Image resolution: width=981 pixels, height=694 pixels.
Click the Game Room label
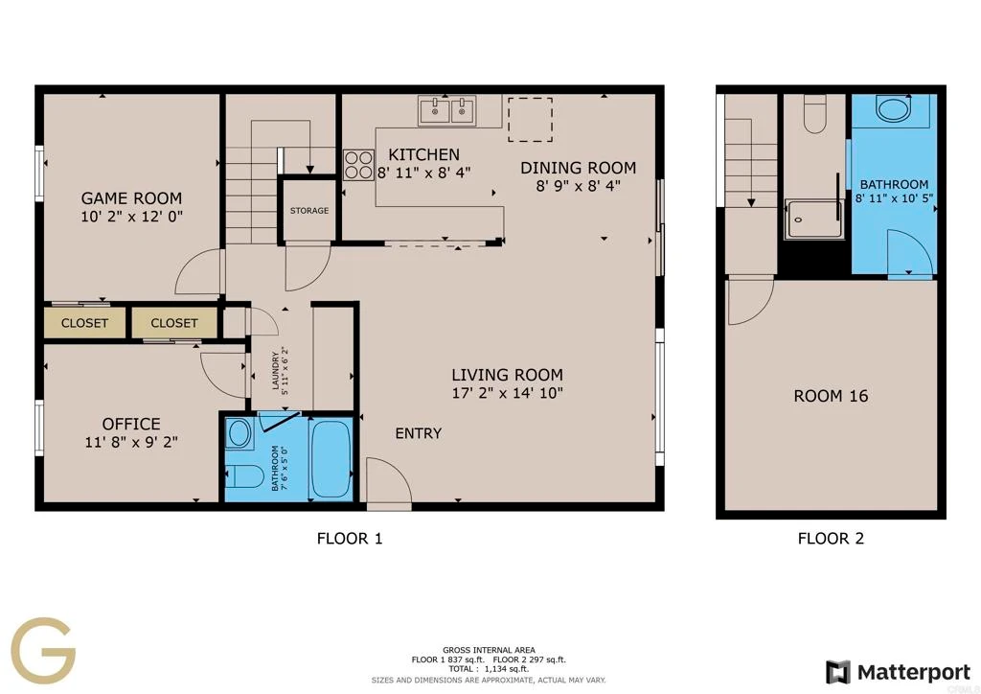131,198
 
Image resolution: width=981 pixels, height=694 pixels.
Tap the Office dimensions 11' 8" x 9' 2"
131,442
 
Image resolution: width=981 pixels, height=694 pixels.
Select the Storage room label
309,210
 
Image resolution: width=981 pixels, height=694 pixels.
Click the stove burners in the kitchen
358,165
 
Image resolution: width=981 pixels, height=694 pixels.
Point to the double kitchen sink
447,111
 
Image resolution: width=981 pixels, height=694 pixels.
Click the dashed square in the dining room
530,119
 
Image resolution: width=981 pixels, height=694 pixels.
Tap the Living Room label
508,375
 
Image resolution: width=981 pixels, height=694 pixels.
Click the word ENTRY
419,433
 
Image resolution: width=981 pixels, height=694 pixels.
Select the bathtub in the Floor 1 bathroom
331,459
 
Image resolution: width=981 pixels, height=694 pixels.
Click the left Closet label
84,323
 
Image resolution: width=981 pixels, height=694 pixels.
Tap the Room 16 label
831,396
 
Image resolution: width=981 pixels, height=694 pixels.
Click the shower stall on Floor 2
813,219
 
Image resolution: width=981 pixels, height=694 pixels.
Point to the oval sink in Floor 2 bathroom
894,108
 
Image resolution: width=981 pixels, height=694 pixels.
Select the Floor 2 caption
831,538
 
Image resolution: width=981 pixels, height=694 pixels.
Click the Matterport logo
897,672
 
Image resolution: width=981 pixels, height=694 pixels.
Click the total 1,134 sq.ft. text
488,668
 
